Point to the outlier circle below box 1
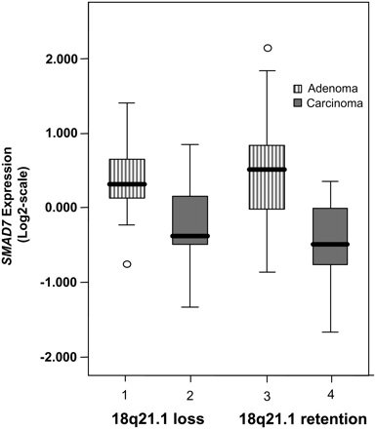point(127,264)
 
